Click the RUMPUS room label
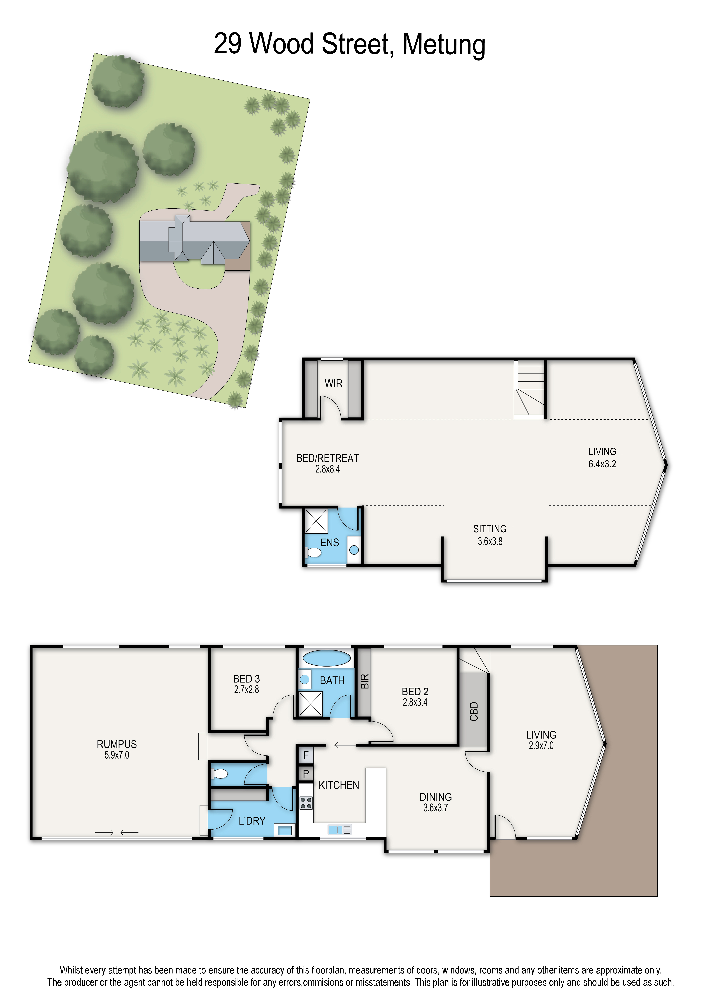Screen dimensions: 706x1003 [117, 744]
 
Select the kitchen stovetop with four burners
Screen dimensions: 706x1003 [306, 803]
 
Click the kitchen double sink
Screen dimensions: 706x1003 [339, 829]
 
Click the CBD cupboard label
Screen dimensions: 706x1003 [474, 711]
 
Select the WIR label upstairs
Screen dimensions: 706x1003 [333, 383]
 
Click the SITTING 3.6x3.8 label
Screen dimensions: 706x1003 [490, 535]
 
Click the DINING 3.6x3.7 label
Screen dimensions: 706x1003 [436, 802]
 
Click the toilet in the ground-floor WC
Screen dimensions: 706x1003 [220, 774]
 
